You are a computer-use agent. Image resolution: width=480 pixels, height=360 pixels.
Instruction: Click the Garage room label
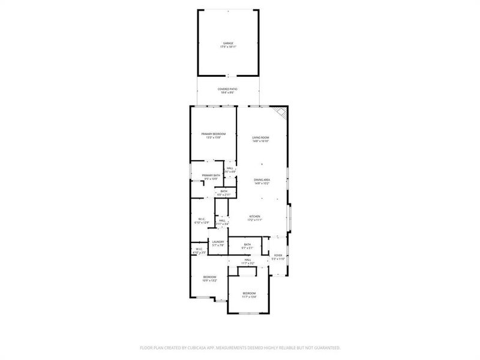click(x=228, y=43)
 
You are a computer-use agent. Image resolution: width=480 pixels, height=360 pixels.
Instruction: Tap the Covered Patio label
click(x=228, y=89)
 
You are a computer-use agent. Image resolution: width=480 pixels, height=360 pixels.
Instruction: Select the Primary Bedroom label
click(x=214, y=134)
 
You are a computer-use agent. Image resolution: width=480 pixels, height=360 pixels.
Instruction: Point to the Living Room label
click(x=261, y=138)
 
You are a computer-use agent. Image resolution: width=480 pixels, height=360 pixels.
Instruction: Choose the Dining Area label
click(x=261, y=179)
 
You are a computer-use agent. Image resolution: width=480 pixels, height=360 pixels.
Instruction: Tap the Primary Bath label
click(x=211, y=175)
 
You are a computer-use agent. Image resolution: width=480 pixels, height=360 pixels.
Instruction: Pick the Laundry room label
click(x=218, y=242)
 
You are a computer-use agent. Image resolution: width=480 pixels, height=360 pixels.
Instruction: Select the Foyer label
click(x=278, y=255)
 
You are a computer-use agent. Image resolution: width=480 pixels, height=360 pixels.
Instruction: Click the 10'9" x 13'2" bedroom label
click(x=209, y=277)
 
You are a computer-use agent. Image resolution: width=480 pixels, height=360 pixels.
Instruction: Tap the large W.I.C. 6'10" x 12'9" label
click(x=202, y=219)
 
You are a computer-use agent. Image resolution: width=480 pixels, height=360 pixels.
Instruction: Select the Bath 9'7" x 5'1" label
click(x=247, y=244)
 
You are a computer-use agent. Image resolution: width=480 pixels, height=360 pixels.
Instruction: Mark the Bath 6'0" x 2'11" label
click(x=223, y=191)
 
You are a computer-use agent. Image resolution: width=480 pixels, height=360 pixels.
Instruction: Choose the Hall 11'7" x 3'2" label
click(x=247, y=259)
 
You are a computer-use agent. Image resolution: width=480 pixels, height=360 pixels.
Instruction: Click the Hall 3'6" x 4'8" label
click(x=230, y=169)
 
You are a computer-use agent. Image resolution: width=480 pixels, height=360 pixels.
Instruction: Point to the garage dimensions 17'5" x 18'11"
click(x=228, y=46)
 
